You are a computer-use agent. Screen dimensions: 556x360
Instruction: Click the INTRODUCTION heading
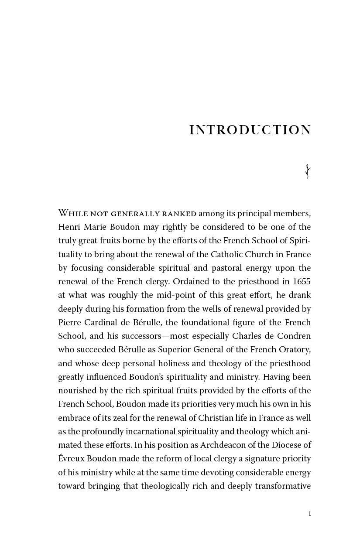pos(250,130)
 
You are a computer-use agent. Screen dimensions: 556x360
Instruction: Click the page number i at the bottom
pos(310,514)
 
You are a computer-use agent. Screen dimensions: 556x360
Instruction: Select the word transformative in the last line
pos(283,486)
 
